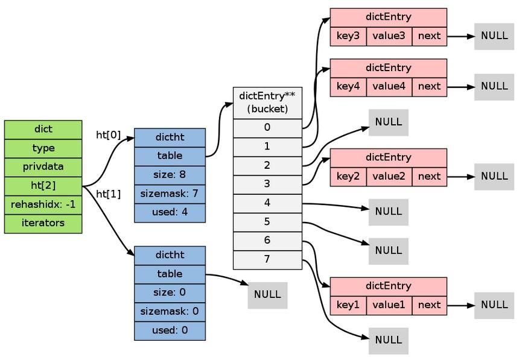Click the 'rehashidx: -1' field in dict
coord(43,204)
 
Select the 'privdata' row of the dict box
coord(43,167)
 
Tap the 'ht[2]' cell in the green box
coord(43,186)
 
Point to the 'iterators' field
coord(43,223)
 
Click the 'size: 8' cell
coord(170,175)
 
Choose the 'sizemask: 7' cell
coord(170,194)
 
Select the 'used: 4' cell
coord(170,212)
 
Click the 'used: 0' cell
coord(170,330)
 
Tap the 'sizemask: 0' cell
coord(170,312)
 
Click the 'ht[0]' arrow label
coord(109,135)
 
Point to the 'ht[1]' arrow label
coord(109,194)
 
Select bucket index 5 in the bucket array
coord(267,222)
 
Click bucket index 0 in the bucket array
coord(267,128)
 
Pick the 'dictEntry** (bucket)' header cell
coord(267,103)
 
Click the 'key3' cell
coord(348,36)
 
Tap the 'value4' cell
coord(389,86)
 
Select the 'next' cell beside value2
coord(429,176)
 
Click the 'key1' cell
coord(348,305)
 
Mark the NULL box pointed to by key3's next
coord(494,36)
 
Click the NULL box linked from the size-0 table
coord(267,295)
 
